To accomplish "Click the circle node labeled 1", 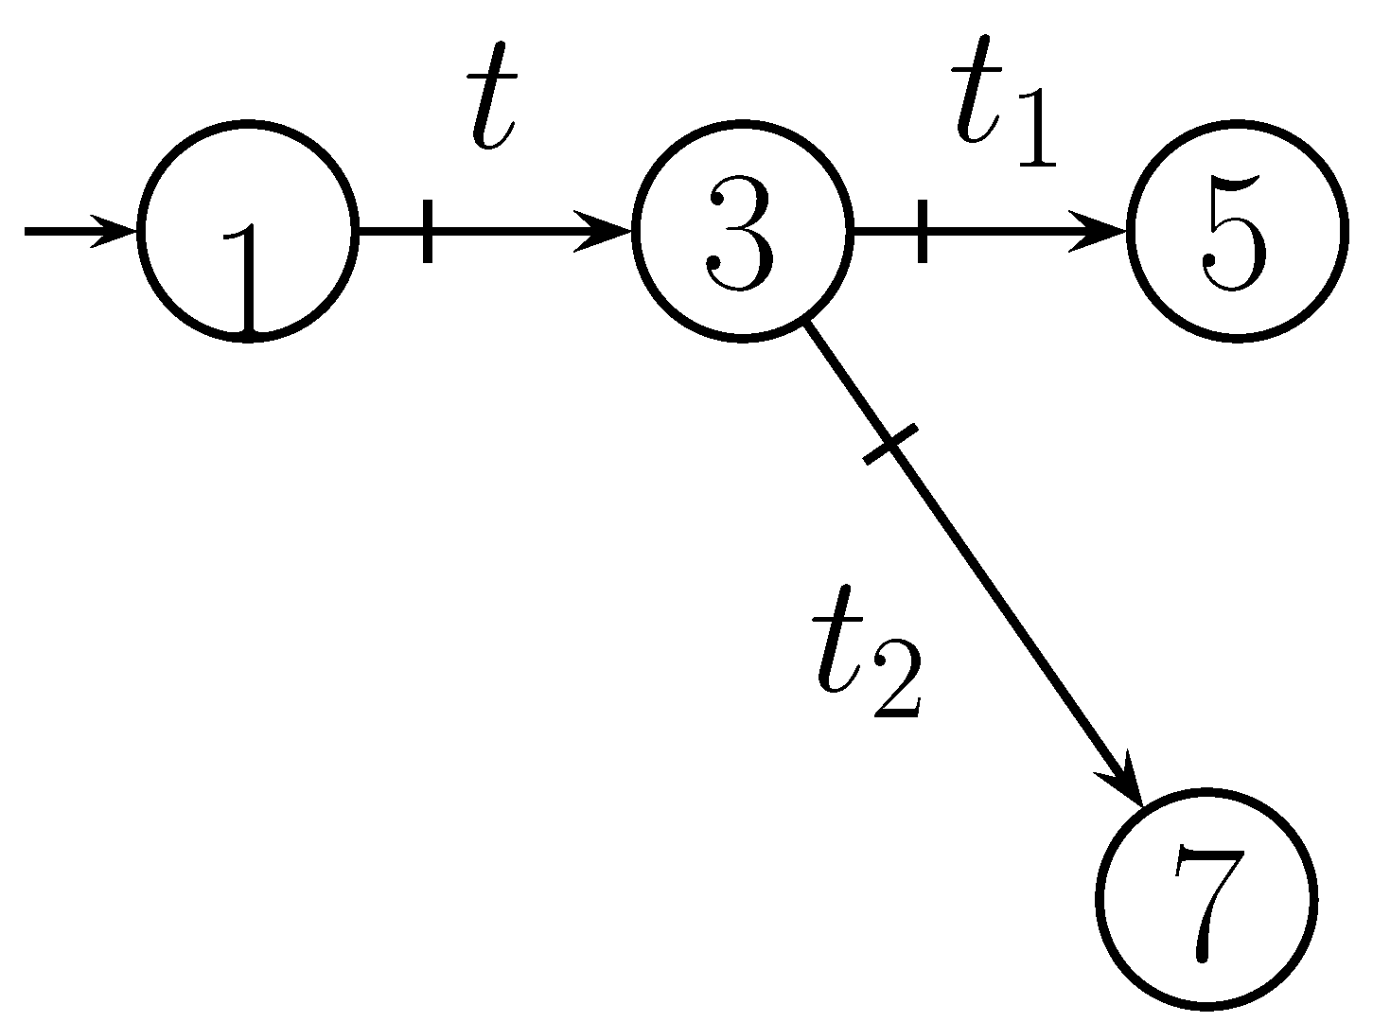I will (x=248, y=230).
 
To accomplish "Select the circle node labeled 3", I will (x=743, y=230).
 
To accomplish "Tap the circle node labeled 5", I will (x=1237, y=230).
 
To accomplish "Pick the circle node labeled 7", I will (x=1207, y=897).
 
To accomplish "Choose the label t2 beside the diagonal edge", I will (x=866, y=664).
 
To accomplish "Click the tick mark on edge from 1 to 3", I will (x=428, y=230).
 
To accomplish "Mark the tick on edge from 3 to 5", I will (x=923, y=230).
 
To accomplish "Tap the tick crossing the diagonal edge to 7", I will (x=890, y=444).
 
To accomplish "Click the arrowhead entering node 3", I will (x=608, y=230).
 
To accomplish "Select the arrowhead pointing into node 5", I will (x=1101, y=230).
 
